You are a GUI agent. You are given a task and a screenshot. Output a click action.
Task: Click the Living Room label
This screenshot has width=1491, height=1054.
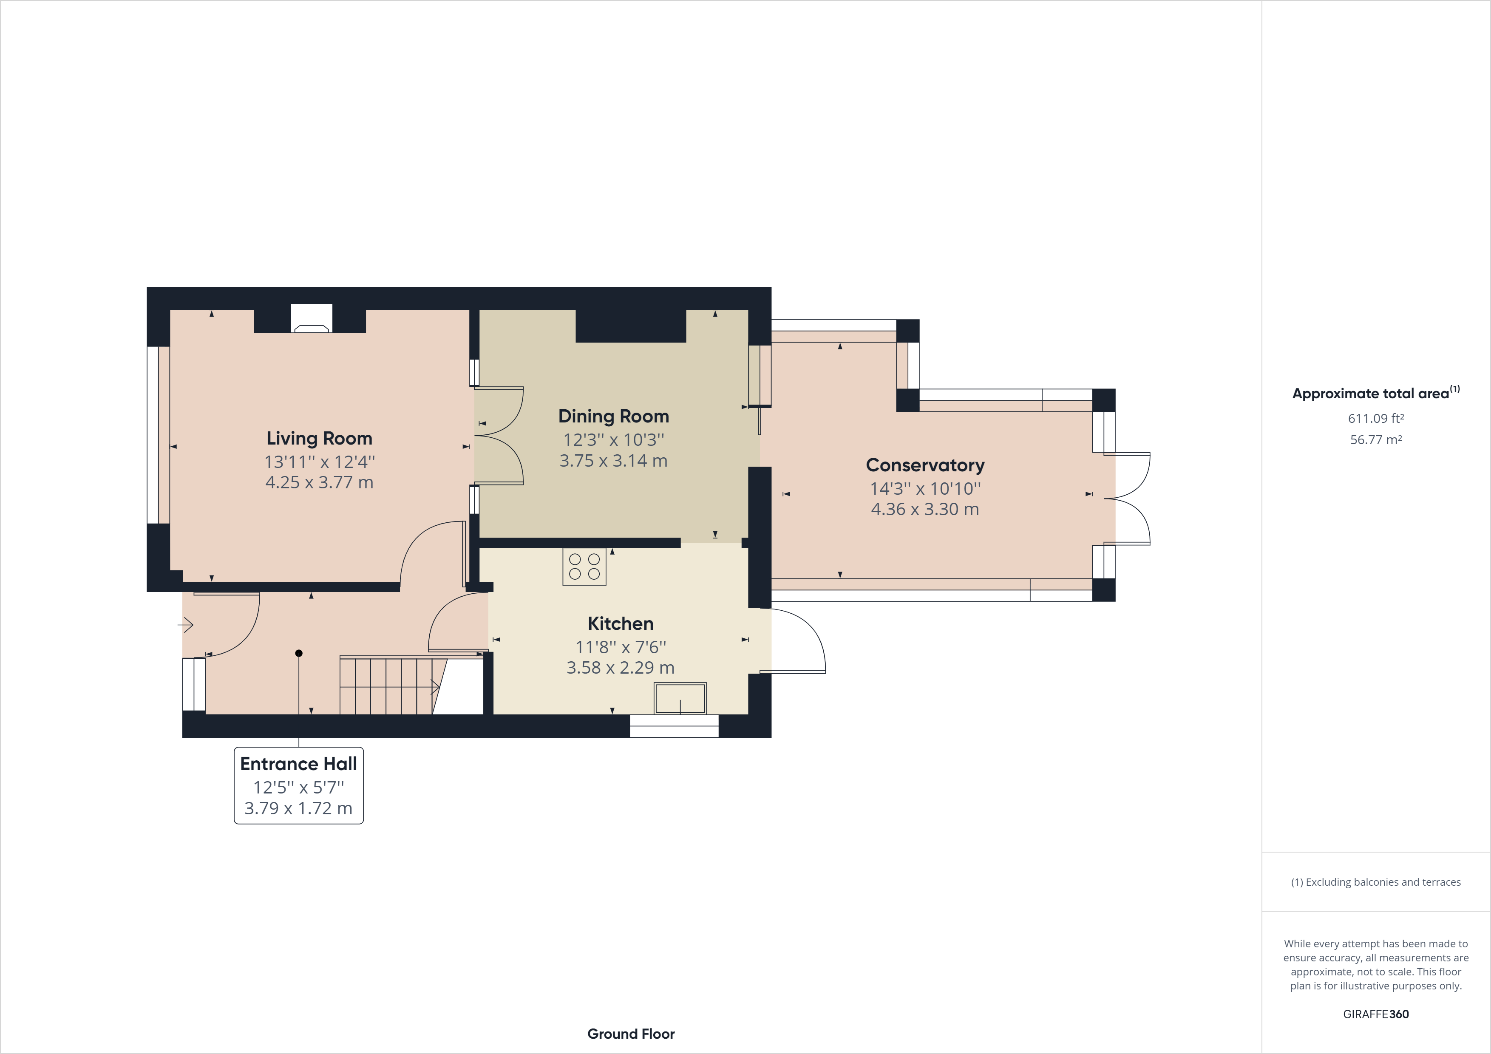[x=319, y=438]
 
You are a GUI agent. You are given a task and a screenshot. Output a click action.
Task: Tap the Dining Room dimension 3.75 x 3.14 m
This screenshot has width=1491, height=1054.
[x=613, y=460]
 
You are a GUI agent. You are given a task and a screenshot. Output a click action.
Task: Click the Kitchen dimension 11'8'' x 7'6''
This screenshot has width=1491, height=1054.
[x=620, y=647]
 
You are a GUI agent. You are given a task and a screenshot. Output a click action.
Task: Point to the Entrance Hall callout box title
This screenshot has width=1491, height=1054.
[x=298, y=764]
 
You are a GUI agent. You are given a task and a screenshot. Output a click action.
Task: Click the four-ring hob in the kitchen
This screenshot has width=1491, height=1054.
[x=584, y=566]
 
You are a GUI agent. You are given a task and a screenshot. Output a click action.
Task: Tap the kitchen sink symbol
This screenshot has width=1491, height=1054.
[x=680, y=699]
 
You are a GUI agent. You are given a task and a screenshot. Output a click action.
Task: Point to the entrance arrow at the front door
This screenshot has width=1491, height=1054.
[x=186, y=625]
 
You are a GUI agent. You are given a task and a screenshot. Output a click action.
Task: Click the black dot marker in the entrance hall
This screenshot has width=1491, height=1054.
[x=299, y=653]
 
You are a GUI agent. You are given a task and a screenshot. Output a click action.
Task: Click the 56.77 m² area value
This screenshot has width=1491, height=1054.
[x=1375, y=439]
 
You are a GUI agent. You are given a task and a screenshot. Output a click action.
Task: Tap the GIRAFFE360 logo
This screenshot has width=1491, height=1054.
[x=1375, y=1014]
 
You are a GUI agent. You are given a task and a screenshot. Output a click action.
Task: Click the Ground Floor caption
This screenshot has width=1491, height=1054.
[x=631, y=1034]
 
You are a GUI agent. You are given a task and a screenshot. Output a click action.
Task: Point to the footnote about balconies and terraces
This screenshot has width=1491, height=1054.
[x=1375, y=882]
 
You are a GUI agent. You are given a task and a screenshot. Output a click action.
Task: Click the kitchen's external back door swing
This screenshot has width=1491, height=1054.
[x=796, y=640]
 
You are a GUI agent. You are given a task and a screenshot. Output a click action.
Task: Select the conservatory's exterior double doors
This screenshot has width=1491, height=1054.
[x=1128, y=499]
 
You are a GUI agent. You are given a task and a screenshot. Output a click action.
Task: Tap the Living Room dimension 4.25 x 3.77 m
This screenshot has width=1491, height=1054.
[x=319, y=482]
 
